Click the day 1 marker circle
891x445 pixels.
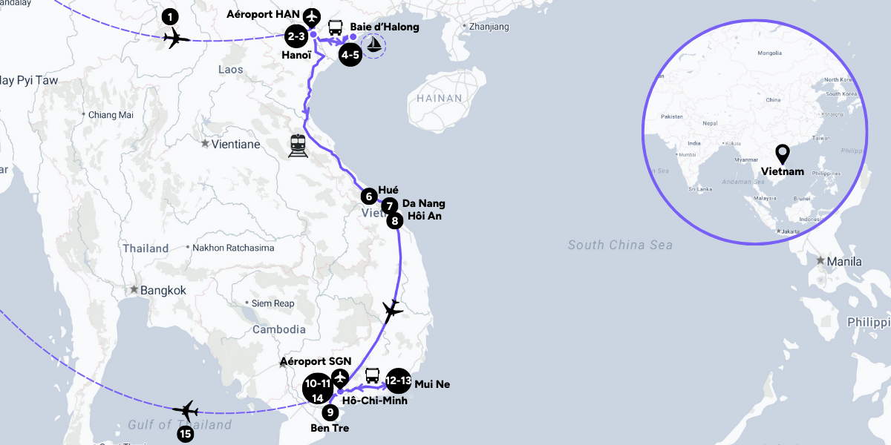point(172,16)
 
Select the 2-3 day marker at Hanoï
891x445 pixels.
point(296,36)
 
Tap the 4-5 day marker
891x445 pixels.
point(350,55)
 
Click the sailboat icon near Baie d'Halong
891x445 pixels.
point(376,46)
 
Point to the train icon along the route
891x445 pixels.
point(298,145)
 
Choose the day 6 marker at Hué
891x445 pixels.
point(368,197)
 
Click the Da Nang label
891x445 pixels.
point(424,203)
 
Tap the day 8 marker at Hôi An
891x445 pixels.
point(395,220)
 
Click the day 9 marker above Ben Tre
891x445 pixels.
point(331,412)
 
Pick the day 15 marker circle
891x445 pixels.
point(185,433)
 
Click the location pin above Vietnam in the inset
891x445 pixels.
point(782,154)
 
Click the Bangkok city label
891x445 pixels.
point(163,290)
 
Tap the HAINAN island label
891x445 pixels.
point(439,98)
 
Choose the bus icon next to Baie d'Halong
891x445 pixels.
point(335,27)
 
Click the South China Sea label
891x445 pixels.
point(620,245)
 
